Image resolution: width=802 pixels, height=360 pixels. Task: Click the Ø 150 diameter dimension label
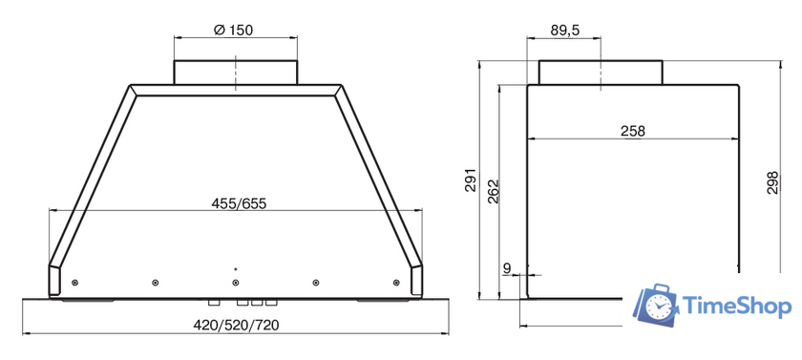point(235,29)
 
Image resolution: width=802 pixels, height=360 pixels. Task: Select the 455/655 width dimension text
point(239,203)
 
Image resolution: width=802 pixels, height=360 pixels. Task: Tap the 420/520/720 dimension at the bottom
point(239,325)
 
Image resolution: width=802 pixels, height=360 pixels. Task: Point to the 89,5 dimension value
point(565,31)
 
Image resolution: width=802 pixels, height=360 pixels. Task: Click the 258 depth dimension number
point(632,132)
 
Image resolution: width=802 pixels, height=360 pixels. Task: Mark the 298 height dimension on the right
point(772,181)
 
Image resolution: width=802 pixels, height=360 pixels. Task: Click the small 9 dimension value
point(506,269)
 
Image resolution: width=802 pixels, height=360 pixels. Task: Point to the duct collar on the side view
point(601,73)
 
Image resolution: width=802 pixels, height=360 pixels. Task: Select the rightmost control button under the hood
point(272,302)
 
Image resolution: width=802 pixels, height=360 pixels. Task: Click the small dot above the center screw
point(235,269)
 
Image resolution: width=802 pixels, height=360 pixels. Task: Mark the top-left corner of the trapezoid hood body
point(129,87)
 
